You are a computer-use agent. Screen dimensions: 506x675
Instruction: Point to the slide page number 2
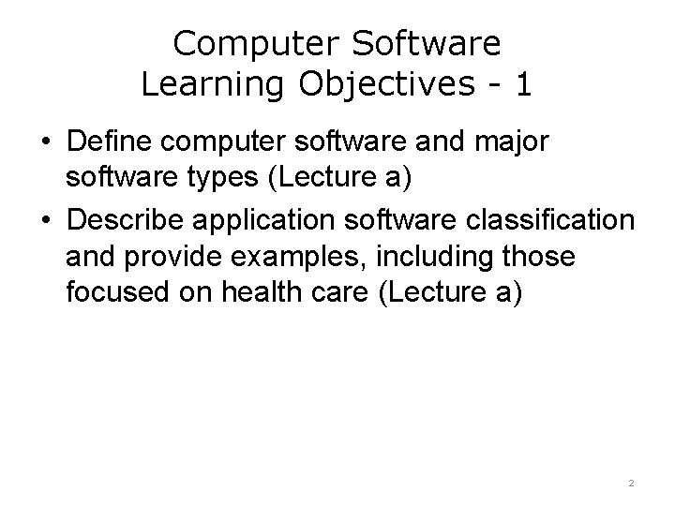click(631, 484)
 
